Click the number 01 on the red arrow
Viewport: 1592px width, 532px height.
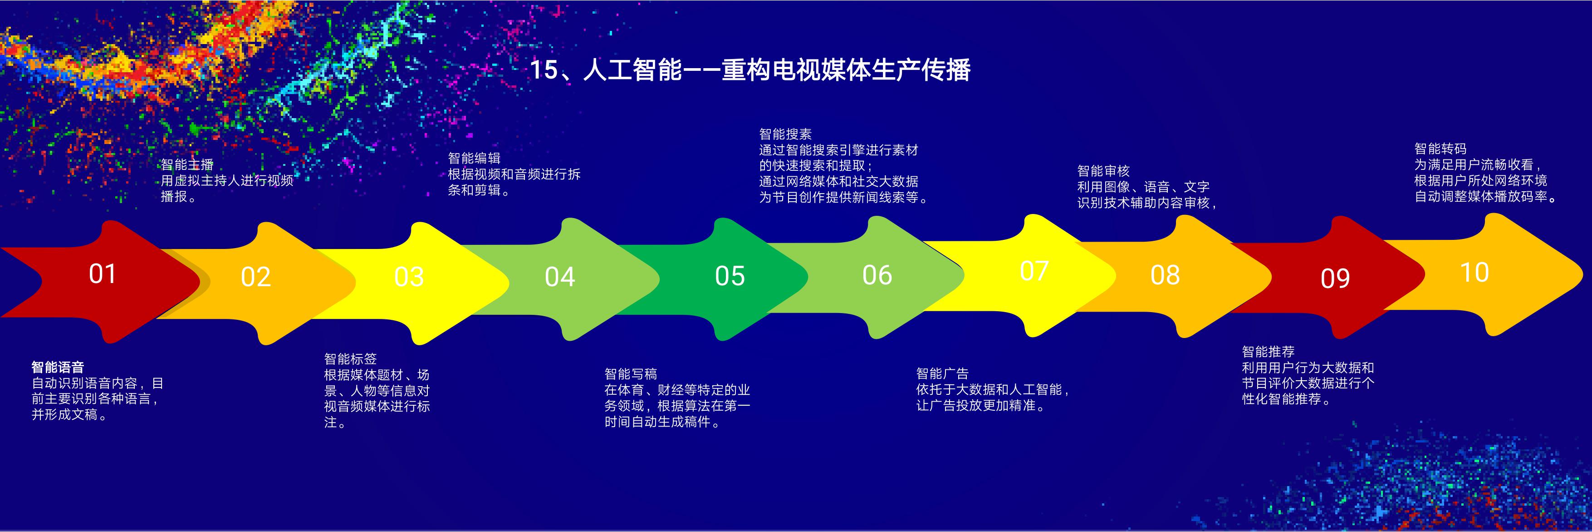(102, 274)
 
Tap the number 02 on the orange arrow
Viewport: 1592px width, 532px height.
(255, 277)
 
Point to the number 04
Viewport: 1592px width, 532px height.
(560, 277)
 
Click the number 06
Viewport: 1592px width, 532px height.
(877, 275)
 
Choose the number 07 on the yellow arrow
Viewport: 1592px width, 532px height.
(1034, 271)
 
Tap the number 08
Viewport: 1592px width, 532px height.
(1165, 275)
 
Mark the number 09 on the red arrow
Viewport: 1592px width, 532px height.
(1335, 278)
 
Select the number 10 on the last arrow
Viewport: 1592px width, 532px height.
(1474, 273)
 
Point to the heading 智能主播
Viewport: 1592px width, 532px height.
(187, 164)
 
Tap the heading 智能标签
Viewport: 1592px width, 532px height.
(350, 359)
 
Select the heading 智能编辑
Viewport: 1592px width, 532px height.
(474, 159)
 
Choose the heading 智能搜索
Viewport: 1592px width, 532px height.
(785, 134)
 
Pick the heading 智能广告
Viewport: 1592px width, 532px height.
(942, 373)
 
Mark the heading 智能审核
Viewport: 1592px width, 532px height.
(1103, 171)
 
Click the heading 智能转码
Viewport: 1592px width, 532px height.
(1440, 149)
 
